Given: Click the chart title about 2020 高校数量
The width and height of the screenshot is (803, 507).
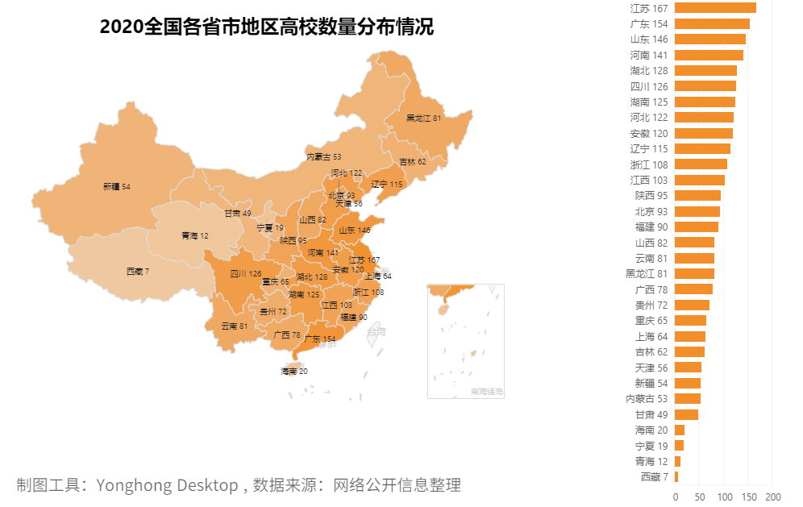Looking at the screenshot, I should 267,27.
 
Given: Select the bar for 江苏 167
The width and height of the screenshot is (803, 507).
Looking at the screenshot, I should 715,8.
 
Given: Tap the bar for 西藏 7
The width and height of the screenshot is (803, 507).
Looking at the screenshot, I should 676,477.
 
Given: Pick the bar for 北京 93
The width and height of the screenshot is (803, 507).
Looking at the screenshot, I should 697,211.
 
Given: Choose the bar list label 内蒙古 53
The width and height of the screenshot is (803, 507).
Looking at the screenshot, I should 647,399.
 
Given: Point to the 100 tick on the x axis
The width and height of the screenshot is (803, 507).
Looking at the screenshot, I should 724,497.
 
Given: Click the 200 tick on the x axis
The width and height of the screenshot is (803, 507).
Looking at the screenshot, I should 773,497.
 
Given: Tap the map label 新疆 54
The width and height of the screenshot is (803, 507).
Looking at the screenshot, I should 117,187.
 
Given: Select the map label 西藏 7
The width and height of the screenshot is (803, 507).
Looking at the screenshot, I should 138,272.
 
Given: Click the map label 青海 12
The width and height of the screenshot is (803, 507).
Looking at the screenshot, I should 194,236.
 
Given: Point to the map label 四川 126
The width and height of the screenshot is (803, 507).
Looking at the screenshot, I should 245,274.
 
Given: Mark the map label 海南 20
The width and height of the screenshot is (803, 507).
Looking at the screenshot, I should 294,372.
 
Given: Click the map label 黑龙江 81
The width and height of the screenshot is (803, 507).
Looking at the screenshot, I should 423,118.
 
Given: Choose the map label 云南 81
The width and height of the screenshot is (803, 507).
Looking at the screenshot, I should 235,326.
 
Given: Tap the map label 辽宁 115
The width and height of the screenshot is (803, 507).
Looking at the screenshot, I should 386,185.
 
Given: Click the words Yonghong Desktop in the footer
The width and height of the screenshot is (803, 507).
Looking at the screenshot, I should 167,485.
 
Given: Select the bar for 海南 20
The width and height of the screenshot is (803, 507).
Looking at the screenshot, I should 680,430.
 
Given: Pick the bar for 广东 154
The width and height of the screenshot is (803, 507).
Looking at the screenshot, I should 712,23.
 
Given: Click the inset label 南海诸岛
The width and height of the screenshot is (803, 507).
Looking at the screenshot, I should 487,392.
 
